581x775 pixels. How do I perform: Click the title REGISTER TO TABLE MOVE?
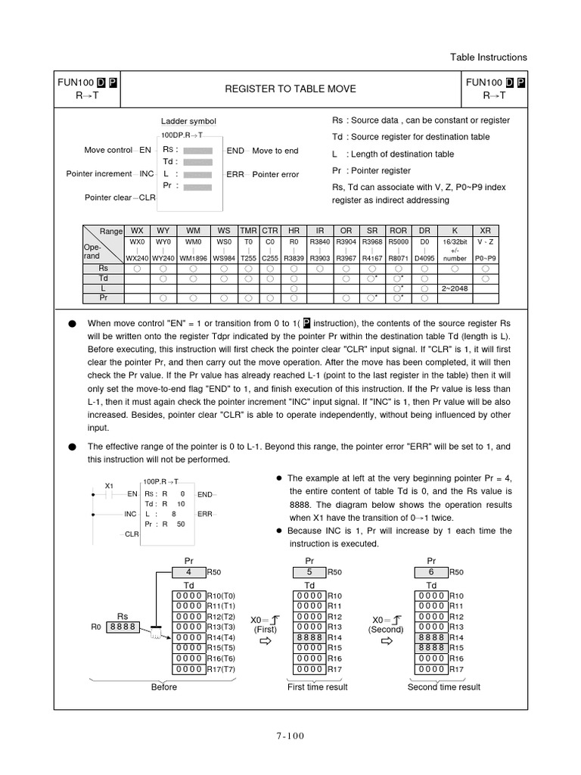tap(290, 89)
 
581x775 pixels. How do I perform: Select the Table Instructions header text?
tap(488, 58)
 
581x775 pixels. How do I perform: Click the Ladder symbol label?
tap(188, 121)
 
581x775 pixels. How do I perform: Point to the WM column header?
tap(194, 230)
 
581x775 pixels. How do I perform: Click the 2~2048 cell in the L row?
tap(454, 288)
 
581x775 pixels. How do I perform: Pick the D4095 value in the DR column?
tap(425, 258)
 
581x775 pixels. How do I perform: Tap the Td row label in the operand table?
tap(104, 278)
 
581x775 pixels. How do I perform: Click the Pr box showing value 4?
tap(189, 573)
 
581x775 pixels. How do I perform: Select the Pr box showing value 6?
tap(431, 573)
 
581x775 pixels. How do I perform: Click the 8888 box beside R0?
tap(123, 627)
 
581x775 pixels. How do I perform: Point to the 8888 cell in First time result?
tap(310, 637)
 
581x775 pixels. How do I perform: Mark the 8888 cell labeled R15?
tap(431, 648)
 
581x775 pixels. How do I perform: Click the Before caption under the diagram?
tap(164, 687)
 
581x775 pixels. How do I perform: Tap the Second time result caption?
tap(443, 687)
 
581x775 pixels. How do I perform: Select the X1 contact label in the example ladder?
tap(109, 485)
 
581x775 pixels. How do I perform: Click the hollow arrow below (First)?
tap(266, 642)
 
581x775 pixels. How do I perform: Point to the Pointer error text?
tap(275, 174)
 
